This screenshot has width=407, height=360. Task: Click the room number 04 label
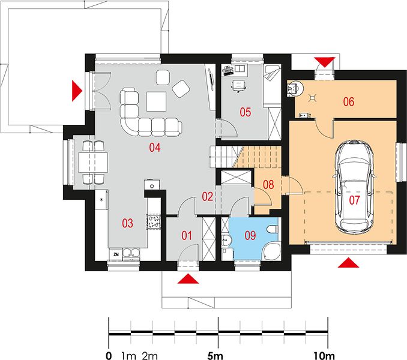[x=155, y=148]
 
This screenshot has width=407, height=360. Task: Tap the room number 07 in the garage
[x=354, y=200]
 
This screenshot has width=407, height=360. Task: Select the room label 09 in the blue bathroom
[x=250, y=235]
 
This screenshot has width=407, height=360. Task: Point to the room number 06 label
[x=349, y=101]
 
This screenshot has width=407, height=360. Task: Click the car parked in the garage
[x=354, y=186]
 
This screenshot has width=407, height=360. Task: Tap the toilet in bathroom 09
[x=273, y=229]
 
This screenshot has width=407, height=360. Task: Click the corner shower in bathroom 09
[x=271, y=251]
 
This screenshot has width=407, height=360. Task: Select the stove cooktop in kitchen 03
[x=154, y=222]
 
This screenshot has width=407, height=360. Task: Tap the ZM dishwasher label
[x=116, y=254]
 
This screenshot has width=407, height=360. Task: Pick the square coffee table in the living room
[x=156, y=101]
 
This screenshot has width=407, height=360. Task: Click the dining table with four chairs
[x=93, y=163]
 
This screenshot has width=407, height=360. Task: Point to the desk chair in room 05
[x=238, y=86]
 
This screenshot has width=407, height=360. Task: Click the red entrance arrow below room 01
[x=188, y=279]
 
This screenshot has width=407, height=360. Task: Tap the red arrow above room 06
[x=324, y=62]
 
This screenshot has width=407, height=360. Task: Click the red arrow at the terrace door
[x=77, y=91]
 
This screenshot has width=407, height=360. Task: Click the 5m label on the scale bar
[x=215, y=356]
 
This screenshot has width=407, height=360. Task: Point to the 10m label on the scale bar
[x=324, y=356]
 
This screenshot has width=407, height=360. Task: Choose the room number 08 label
[x=268, y=184]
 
